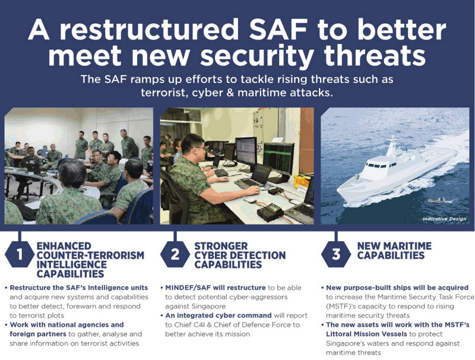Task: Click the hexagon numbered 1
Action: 20,255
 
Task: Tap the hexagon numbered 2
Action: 175,255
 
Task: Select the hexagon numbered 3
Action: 336,255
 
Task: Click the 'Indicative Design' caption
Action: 444,219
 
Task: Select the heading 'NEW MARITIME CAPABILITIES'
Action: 395,251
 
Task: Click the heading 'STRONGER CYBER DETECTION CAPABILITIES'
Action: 240,255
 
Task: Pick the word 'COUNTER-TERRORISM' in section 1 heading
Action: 91,255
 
